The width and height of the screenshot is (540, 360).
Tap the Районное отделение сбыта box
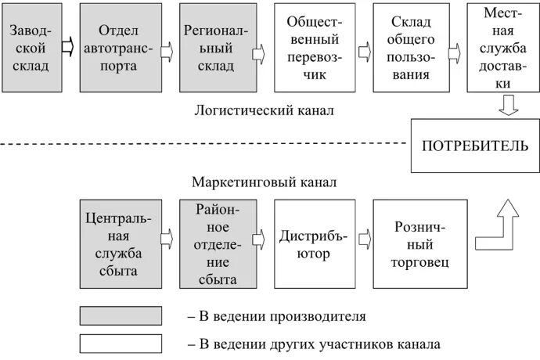(216, 244)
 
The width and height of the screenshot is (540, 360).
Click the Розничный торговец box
(410, 244)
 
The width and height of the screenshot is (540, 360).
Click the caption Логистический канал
(265, 110)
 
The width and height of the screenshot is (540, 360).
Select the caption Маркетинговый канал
(265, 182)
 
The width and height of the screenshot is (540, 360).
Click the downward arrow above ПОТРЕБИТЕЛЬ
(508, 105)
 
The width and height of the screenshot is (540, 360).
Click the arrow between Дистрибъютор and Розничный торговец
(362, 237)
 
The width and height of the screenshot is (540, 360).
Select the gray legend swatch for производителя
(121, 316)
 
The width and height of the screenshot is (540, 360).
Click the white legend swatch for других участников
(121, 343)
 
